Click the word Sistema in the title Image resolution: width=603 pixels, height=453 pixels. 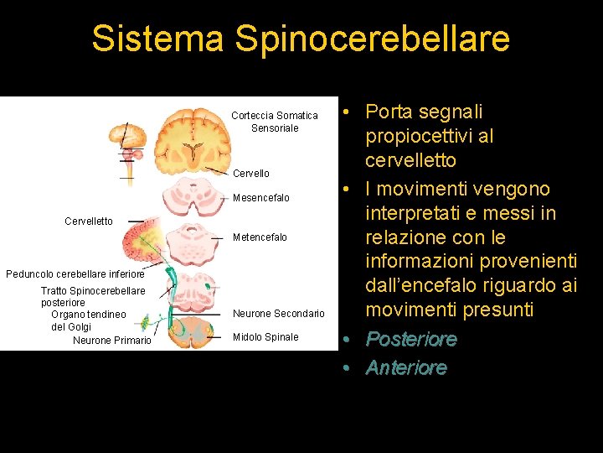tap(157, 39)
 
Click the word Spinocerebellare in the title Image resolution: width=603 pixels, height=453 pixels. tap(372, 39)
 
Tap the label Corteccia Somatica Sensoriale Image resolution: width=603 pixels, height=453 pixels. tap(275, 122)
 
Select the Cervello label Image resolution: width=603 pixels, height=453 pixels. tap(250, 174)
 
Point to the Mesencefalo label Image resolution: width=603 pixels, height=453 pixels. tap(261, 198)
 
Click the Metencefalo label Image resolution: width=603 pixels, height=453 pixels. tap(260, 237)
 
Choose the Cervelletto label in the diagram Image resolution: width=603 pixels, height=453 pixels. tap(89, 221)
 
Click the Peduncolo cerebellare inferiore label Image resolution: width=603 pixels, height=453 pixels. tap(75, 273)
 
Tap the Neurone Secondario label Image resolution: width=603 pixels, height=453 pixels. tap(278, 314)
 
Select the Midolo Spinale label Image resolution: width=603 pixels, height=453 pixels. tap(265, 337)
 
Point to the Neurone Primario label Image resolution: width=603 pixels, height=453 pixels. tap(112, 341)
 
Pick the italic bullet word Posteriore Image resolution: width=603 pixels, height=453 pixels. tap(410, 340)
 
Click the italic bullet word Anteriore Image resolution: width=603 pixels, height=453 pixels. tap(406, 367)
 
